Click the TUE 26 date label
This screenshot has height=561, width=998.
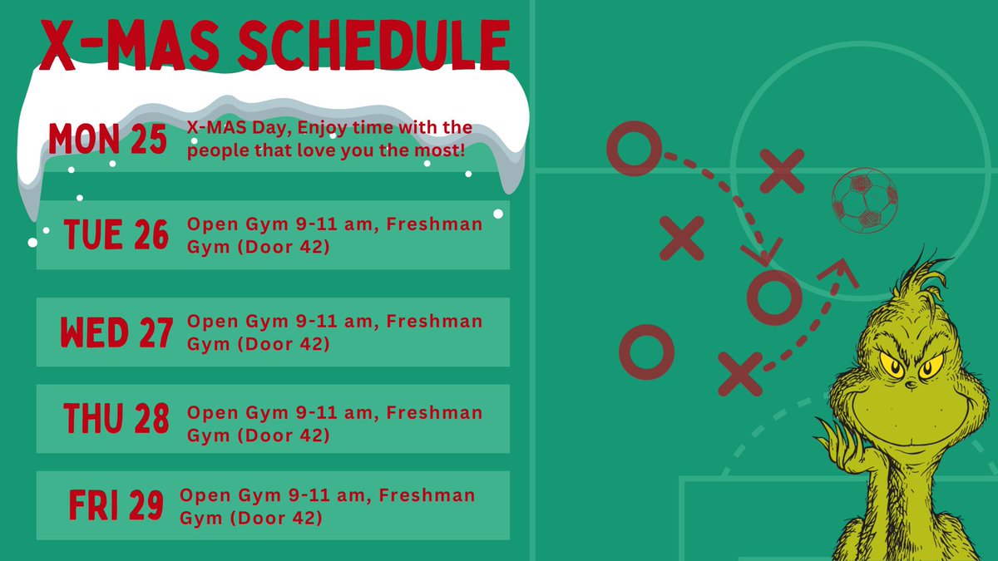pyautogui.click(x=116, y=236)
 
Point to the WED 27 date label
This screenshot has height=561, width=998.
pyautogui.click(x=116, y=333)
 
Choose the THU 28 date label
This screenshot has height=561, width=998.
pyautogui.click(x=116, y=419)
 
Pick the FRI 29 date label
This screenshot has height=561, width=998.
pyautogui.click(x=116, y=506)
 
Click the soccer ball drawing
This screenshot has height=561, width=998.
pyautogui.click(x=865, y=200)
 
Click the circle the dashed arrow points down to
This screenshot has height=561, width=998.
pyautogui.click(x=773, y=296)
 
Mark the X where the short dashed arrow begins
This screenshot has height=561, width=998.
pyautogui.click(x=740, y=372)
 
